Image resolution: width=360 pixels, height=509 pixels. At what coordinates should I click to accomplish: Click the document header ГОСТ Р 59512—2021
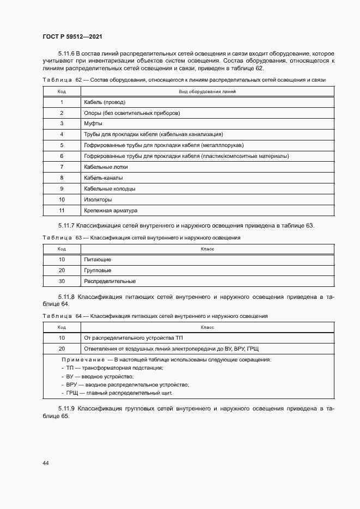tap(72, 36)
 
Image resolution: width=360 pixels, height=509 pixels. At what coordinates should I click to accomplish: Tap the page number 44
tap(45, 463)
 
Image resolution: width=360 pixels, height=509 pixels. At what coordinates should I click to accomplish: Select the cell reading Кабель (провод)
tap(105, 102)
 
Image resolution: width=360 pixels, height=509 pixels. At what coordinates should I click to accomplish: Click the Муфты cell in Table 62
tap(93, 124)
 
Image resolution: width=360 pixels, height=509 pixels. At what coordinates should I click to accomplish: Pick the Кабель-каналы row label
tap(103, 177)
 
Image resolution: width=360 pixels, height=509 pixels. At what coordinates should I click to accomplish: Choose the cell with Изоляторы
tap(98, 199)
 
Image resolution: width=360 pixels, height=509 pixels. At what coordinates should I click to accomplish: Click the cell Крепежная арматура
tap(111, 210)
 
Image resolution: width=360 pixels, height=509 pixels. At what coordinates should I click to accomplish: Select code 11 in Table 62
tap(62, 210)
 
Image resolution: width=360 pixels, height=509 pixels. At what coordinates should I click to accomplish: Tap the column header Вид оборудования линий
tap(207, 91)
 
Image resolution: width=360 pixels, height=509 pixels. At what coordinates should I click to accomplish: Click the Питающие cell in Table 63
tap(97, 260)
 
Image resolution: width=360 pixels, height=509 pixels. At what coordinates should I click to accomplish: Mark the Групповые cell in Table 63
tap(97, 271)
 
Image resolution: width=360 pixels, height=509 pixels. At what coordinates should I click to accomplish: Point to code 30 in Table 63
tap(62, 281)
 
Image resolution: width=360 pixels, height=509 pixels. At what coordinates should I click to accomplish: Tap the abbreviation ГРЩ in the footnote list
tap(72, 393)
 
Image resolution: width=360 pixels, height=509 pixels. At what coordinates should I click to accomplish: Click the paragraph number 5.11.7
tap(67, 226)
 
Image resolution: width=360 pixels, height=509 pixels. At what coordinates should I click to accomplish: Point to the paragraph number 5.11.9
tap(67, 408)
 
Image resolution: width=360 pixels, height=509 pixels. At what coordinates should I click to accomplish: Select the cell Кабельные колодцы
tap(109, 188)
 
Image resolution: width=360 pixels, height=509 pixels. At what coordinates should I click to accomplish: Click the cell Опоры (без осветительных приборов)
tap(132, 113)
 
